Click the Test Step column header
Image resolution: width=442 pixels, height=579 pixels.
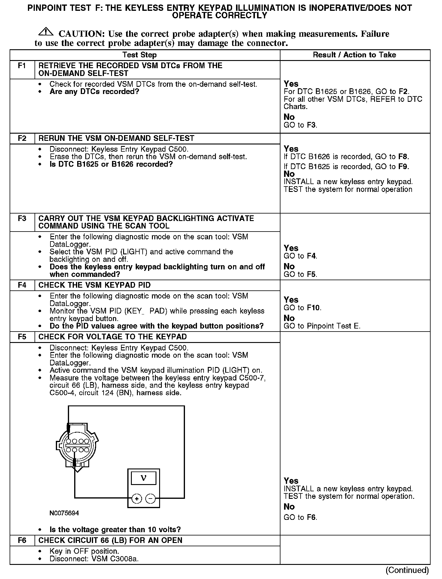click(x=139, y=55)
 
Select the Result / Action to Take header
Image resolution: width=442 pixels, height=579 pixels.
click(x=354, y=55)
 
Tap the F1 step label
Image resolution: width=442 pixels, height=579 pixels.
click(x=22, y=65)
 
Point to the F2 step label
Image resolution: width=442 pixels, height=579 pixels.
click(x=22, y=138)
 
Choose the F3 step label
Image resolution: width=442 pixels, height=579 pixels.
click(x=22, y=218)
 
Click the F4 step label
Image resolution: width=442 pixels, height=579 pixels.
click(x=22, y=285)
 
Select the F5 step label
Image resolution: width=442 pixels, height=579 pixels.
click(x=22, y=337)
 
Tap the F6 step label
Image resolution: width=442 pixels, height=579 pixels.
click(x=22, y=540)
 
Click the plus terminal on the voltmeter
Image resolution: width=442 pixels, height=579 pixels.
click(x=137, y=499)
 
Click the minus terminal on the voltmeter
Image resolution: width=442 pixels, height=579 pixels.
click(x=150, y=499)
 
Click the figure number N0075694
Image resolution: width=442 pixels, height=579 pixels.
click(x=64, y=513)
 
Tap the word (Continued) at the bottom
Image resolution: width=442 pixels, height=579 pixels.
click(x=407, y=570)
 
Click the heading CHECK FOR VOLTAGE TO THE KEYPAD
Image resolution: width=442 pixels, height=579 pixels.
click(x=113, y=337)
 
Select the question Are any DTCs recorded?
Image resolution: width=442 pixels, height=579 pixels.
click(x=94, y=92)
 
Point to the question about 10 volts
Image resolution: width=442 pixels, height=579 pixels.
click(x=115, y=529)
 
